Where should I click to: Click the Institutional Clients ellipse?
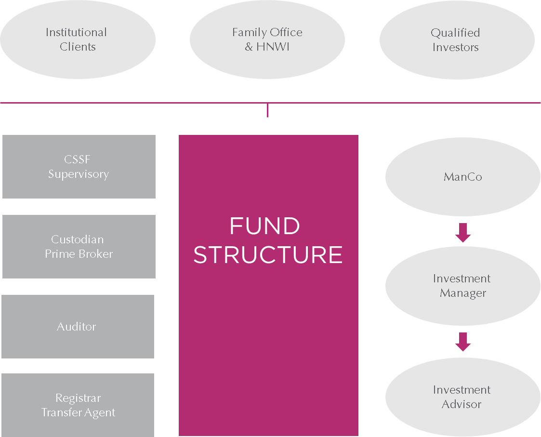(x=77, y=40)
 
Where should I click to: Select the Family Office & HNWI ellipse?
(x=267, y=40)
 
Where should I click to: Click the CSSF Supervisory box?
(x=79, y=167)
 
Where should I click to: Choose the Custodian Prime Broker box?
(x=79, y=247)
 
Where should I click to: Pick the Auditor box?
(x=77, y=327)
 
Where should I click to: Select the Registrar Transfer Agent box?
(x=78, y=405)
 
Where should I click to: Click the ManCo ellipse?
(x=462, y=177)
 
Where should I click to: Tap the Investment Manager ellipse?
(x=462, y=286)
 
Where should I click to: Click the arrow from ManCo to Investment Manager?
(x=462, y=233)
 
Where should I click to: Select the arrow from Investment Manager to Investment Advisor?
(x=462, y=342)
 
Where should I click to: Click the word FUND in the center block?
(x=264, y=226)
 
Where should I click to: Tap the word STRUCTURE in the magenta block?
(x=268, y=255)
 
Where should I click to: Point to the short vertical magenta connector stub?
(x=267, y=110)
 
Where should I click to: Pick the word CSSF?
(x=77, y=159)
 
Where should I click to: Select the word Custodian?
(x=78, y=239)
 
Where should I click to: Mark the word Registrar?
(x=78, y=398)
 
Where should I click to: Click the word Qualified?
(x=455, y=33)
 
